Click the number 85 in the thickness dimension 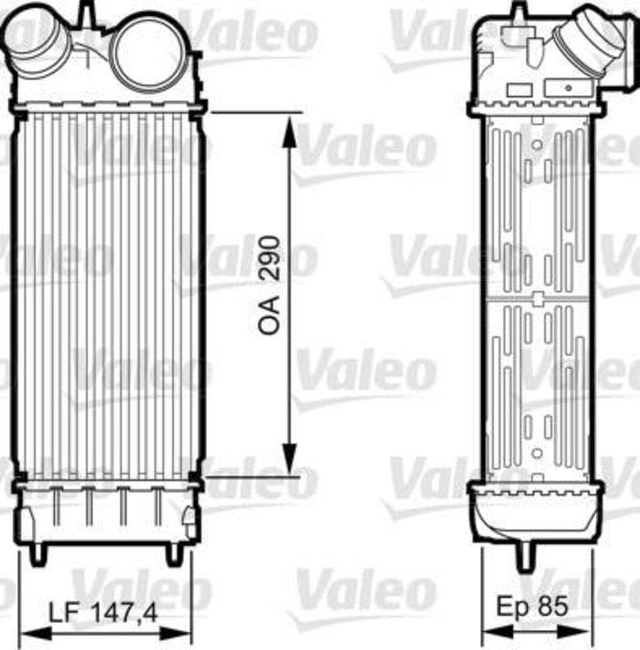click(x=553, y=605)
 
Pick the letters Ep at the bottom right click(x=514, y=605)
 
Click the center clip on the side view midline click(x=537, y=298)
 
